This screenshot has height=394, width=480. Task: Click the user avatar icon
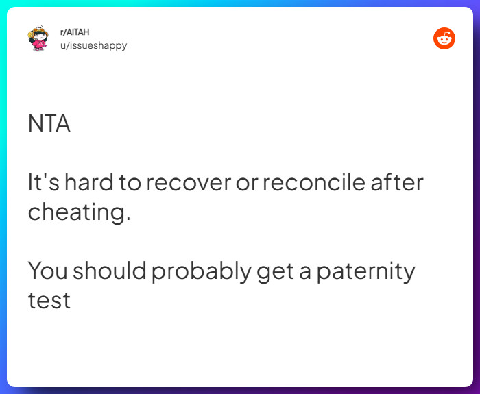coord(38,39)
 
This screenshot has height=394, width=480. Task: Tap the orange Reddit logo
coord(444,38)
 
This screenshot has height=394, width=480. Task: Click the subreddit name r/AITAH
coord(75,32)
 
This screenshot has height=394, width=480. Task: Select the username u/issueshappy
coord(93,45)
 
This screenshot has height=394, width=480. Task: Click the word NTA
coord(49,124)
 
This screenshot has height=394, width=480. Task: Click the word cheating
coord(78,212)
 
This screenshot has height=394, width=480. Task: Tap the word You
coord(47,271)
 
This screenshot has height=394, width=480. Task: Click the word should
coord(110,271)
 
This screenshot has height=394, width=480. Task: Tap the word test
coord(49,301)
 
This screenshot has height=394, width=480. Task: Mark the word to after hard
coord(131,184)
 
